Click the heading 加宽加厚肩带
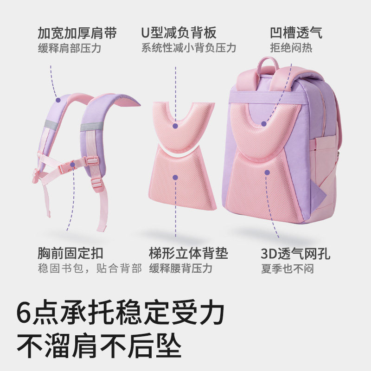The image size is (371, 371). pyautogui.click(x=77, y=33)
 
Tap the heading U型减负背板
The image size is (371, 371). pyautogui.click(x=179, y=33)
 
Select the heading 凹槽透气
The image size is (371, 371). pyautogui.click(x=296, y=33)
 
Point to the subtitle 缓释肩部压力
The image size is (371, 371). pyautogui.click(x=69, y=48)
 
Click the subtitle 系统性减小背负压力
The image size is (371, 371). pyautogui.click(x=189, y=48)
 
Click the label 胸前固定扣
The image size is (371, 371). pyautogui.click(x=70, y=254)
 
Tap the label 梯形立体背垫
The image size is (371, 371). pyautogui.click(x=189, y=254)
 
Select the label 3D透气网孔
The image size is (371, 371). pyautogui.click(x=295, y=254)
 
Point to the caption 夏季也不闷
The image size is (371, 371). pyautogui.click(x=287, y=269)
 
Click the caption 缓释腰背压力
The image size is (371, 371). pyautogui.click(x=180, y=269)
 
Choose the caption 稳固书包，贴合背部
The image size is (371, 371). pyautogui.click(x=89, y=269)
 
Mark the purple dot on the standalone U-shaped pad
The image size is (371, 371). pyautogui.click(x=175, y=126)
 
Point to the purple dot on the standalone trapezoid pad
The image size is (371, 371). pyautogui.click(x=175, y=177)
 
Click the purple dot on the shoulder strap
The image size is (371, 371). pyautogui.click(x=58, y=99)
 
